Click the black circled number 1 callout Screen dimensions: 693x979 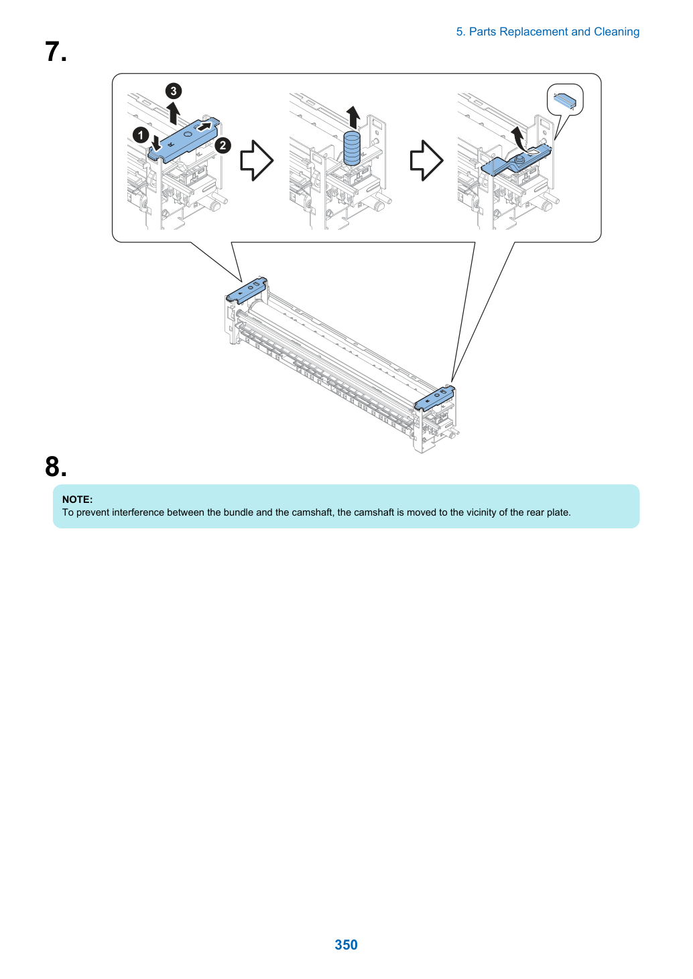click(x=141, y=135)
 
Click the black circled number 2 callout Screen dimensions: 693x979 click(x=223, y=145)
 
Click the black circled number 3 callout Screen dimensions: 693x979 click(x=173, y=91)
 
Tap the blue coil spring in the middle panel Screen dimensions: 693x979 click(x=352, y=147)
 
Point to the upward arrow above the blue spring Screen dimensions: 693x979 click(x=353, y=117)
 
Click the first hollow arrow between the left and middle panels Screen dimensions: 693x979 click(x=257, y=161)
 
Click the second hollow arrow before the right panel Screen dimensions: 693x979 click(x=426, y=161)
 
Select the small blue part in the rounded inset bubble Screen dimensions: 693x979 click(x=565, y=100)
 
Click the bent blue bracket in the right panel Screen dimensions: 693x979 click(x=516, y=161)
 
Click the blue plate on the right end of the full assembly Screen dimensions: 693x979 click(x=434, y=398)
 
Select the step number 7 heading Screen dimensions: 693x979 click(x=56, y=52)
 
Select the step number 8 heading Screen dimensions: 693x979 click(x=56, y=467)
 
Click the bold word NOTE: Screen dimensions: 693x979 click(x=78, y=499)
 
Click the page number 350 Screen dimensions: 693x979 click(x=346, y=944)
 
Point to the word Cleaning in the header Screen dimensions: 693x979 click(x=617, y=32)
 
